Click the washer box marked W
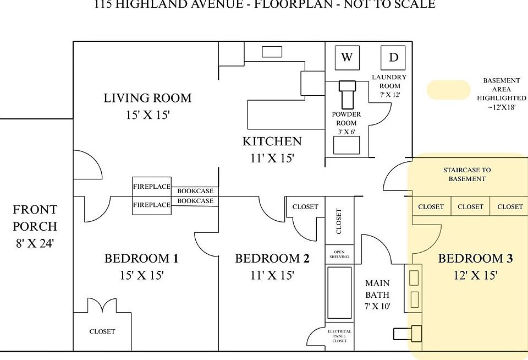pos(346,57)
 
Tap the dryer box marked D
pos(393,57)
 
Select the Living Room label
pos(147,98)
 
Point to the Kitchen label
pos(272,141)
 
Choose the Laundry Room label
pos(389,81)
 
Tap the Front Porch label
pos(35,218)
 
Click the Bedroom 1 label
pos(141,259)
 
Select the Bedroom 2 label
pos(272,259)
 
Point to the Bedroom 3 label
pos(475,259)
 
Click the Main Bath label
pos(377,290)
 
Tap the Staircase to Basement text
pos(467,174)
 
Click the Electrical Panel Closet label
pos(339,336)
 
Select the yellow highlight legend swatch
pos(448,90)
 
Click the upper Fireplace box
pos(152,187)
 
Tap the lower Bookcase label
pos(195,201)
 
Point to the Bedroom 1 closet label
pos(102,331)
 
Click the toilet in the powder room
pos(348,95)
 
